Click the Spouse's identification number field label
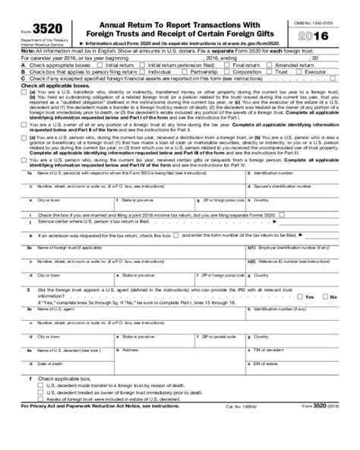click(302, 185)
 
